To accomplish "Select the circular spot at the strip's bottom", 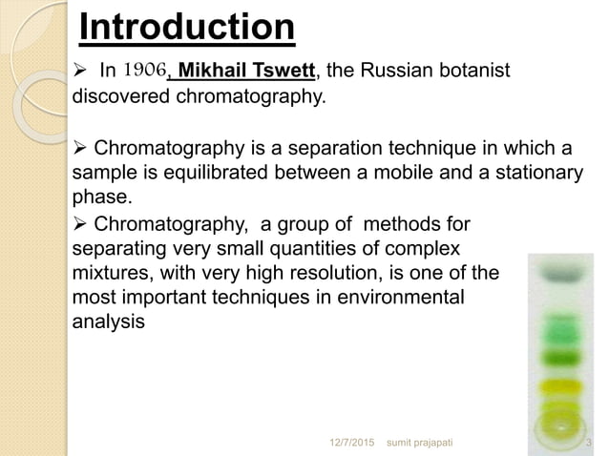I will pyautogui.click(x=562, y=421).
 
